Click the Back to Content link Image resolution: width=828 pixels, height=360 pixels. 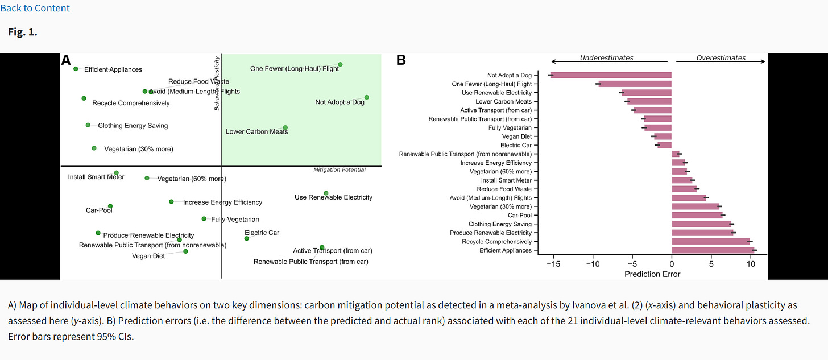(x=35, y=8)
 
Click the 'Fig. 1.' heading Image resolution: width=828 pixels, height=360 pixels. (x=23, y=32)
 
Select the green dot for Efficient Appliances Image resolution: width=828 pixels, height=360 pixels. (x=76, y=69)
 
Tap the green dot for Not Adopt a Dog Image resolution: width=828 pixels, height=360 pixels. (x=367, y=97)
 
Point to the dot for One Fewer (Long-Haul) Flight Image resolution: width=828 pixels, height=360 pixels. (x=340, y=64)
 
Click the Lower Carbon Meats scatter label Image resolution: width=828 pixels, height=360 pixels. (x=256, y=132)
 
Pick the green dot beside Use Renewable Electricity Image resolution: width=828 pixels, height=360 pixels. (x=326, y=193)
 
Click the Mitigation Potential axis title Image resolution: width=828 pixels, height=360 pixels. (x=340, y=170)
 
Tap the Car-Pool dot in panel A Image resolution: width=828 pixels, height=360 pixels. (x=110, y=206)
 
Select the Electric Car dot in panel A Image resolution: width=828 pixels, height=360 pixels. (x=246, y=238)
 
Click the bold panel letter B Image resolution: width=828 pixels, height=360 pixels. (x=401, y=59)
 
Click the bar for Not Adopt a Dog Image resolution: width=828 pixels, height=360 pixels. (x=611, y=75)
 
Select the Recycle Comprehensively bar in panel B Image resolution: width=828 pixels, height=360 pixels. (x=711, y=242)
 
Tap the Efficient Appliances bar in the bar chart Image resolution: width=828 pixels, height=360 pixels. (x=713, y=250)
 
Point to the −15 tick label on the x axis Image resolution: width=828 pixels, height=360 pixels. (x=552, y=264)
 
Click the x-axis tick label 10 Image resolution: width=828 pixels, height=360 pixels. (x=751, y=264)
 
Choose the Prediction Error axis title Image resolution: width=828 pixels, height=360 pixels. (x=652, y=274)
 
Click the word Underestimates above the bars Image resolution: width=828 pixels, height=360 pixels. (x=606, y=58)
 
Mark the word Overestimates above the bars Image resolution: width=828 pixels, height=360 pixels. (x=721, y=58)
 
